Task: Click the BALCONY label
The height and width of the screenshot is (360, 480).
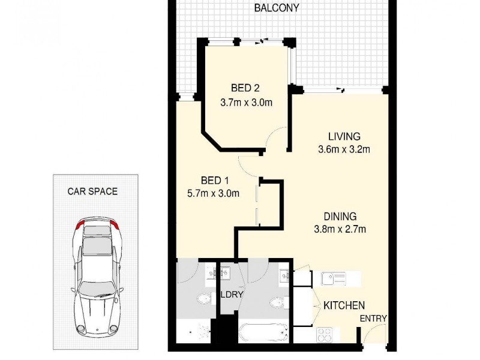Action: [276, 8]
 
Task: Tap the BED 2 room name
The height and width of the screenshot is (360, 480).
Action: [244, 88]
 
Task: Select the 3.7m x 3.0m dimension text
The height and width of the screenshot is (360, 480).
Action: [246, 102]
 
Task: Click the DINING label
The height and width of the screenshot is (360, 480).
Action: [340, 216]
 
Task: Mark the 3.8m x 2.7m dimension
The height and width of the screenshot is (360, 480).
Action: [340, 229]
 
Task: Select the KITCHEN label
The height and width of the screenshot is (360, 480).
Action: [344, 305]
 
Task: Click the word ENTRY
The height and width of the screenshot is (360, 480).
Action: [373, 319]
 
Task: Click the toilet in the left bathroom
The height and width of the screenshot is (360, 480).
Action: [203, 298]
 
